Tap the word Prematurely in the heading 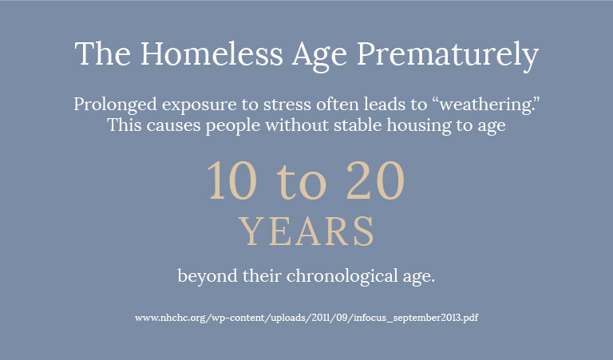[448, 56]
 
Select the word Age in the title [319, 57]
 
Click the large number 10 [231, 180]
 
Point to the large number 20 [375, 180]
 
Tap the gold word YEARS [306, 231]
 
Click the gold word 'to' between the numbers [302, 184]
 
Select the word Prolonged [115, 105]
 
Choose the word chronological [342, 276]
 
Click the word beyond [208, 276]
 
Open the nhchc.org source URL [306, 318]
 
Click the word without [297, 125]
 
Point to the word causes [173, 126]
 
